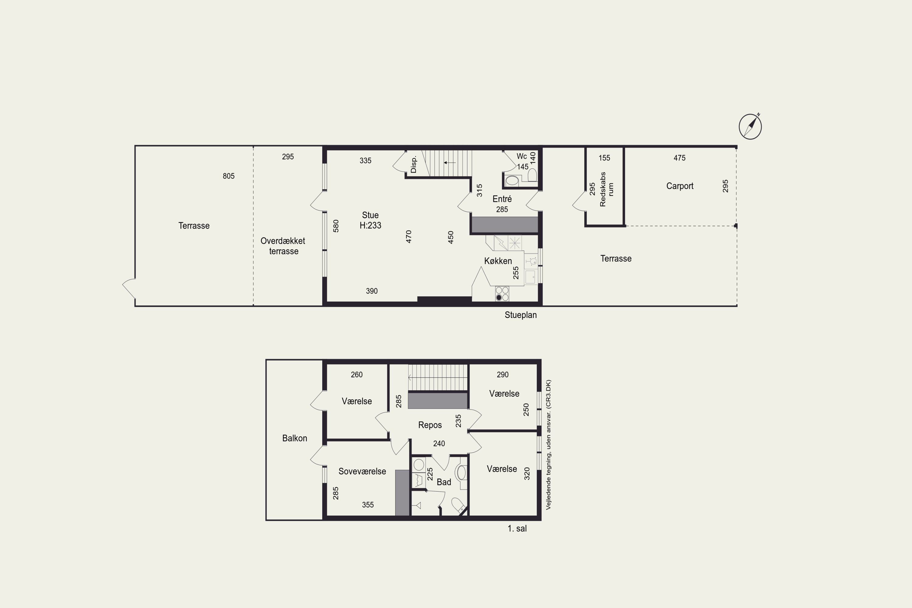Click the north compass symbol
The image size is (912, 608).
pyautogui.click(x=750, y=126)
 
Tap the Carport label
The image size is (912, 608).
pyautogui.click(x=680, y=186)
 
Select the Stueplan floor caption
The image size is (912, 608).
pyautogui.click(x=520, y=315)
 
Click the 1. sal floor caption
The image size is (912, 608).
pyautogui.click(x=517, y=529)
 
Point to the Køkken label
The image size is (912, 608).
pyautogui.click(x=498, y=261)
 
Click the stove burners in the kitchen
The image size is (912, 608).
pyautogui.click(x=502, y=294)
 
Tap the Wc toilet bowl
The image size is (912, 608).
pyautogui.click(x=532, y=176)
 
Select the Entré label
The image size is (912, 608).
pyautogui.click(x=502, y=199)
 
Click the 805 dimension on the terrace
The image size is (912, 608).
pyautogui.click(x=228, y=176)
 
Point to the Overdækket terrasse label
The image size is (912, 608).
pyautogui.click(x=283, y=246)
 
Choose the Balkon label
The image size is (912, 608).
pyautogui.click(x=294, y=438)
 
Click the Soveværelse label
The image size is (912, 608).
pyautogui.click(x=362, y=472)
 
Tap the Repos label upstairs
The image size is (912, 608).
pyautogui.click(x=430, y=425)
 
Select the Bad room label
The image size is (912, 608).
pyautogui.click(x=444, y=482)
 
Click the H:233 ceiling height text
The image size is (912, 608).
pyautogui.click(x=370, y=225)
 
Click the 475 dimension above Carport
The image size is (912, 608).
pyautogui.click(x=679, y=158)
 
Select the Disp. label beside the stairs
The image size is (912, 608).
pyautogui.click(x=413, y=164)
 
